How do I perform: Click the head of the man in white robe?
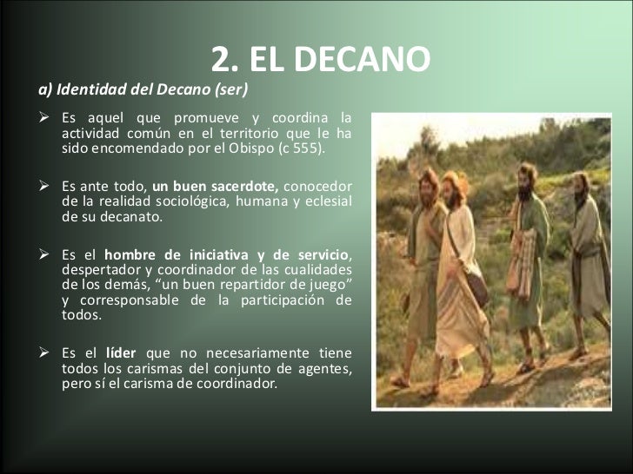coord(452,185)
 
